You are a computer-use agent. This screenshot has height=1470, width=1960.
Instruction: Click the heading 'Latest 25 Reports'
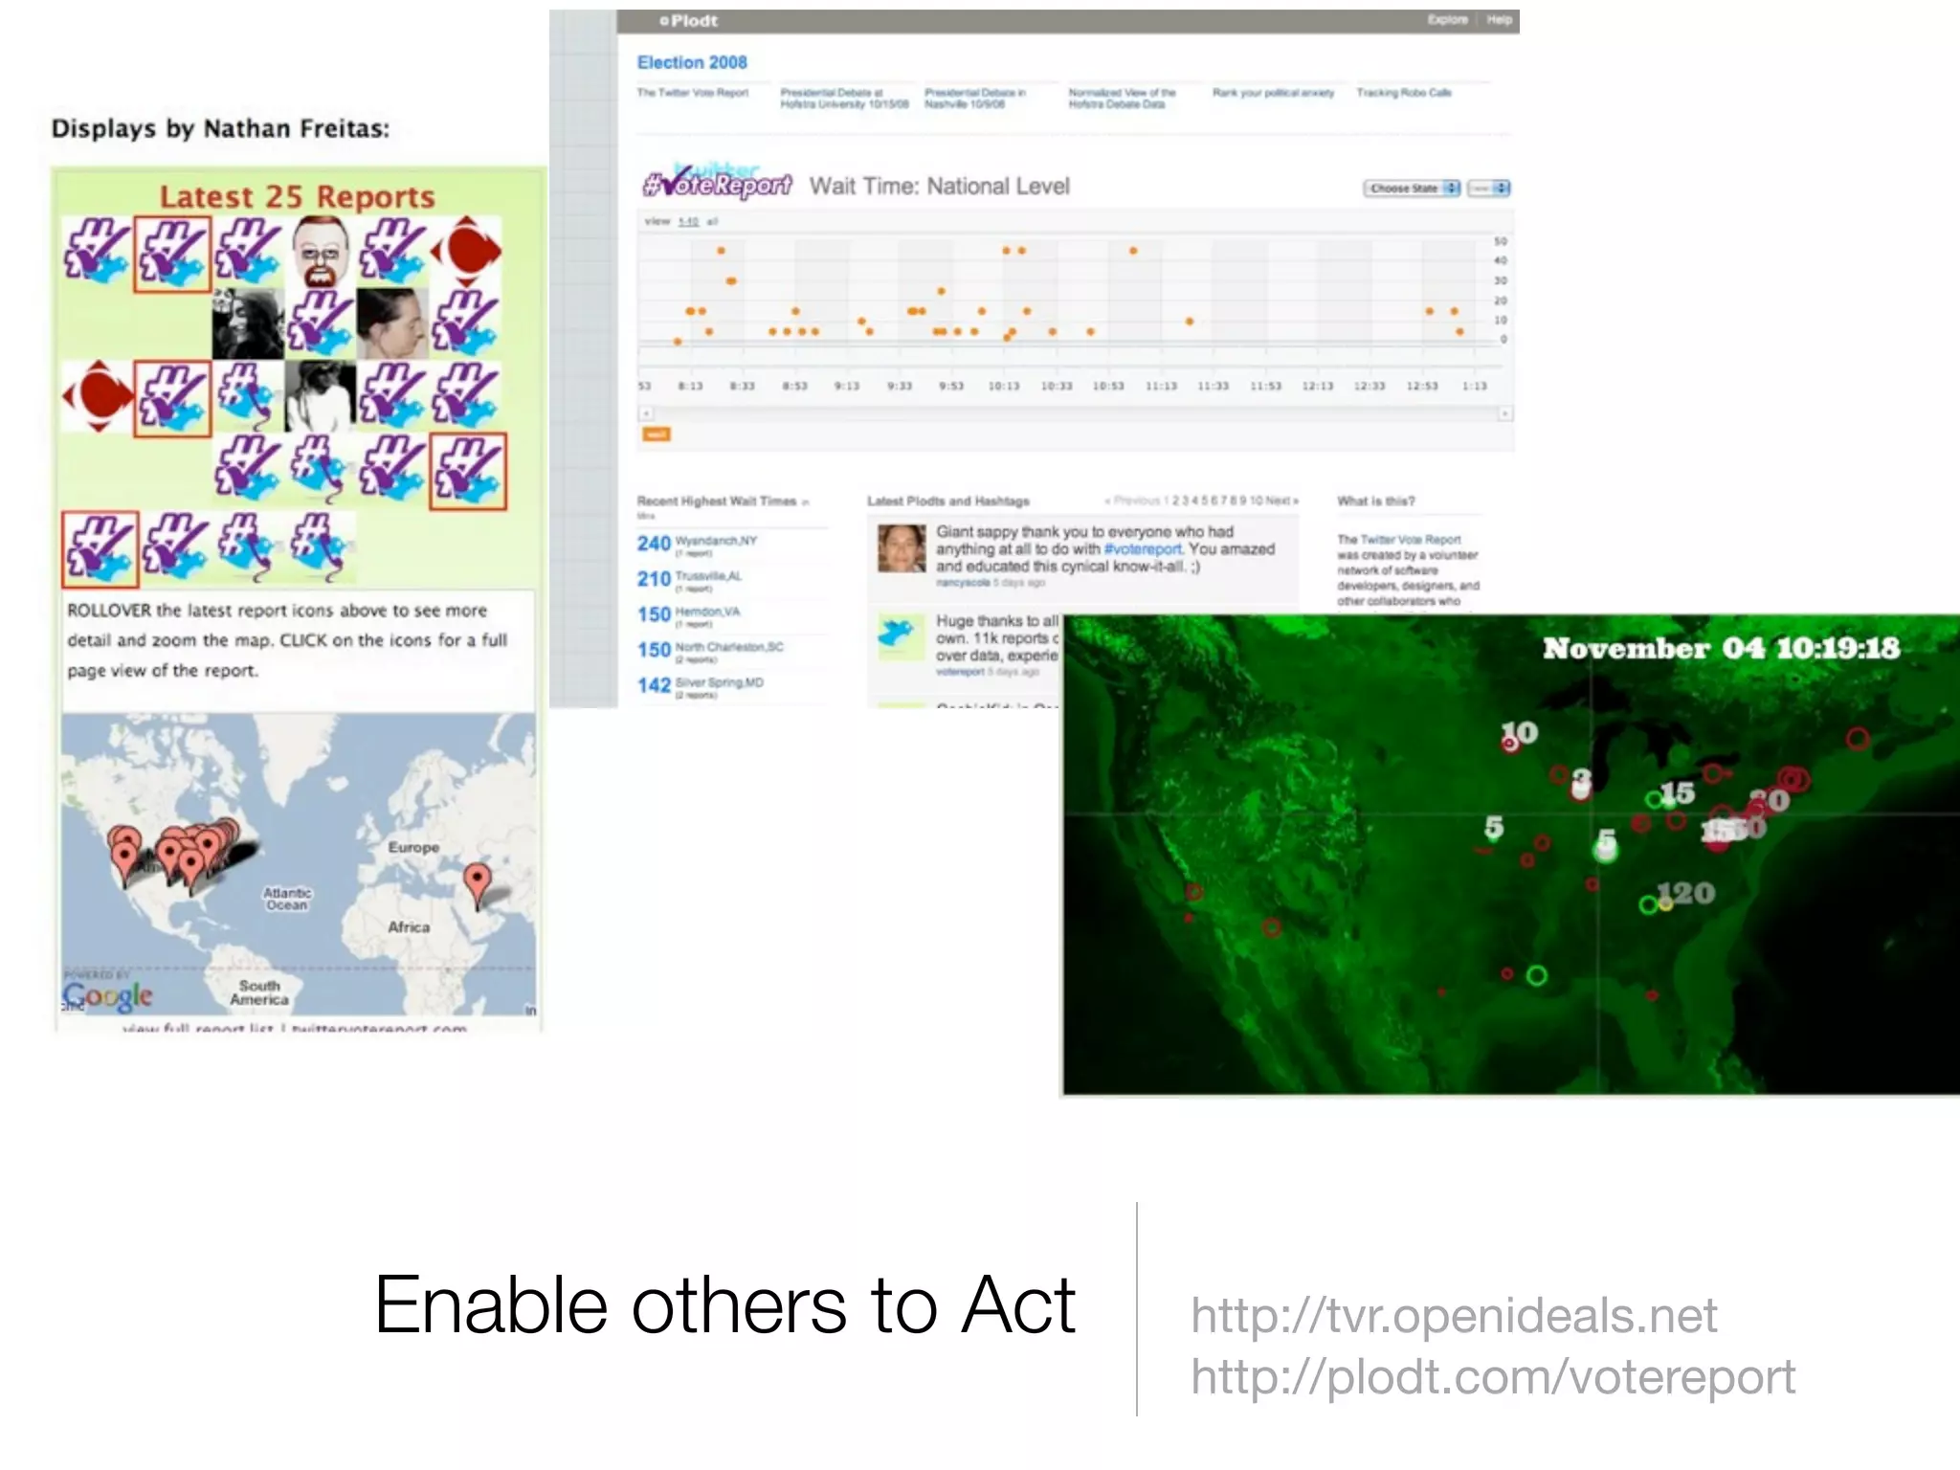click(x=297, y=196)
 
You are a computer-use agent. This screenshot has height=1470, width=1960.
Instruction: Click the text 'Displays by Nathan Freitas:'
click(x=220, y=129)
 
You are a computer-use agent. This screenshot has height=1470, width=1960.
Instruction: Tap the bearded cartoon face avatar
click(x=319, y=251)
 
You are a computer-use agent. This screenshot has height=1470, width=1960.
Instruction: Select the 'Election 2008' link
click(x=692, y=62)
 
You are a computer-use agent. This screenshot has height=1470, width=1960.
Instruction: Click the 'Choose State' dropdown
click(x=1412, y=189)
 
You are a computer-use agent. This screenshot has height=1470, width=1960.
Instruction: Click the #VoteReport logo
click(x=718, y=184)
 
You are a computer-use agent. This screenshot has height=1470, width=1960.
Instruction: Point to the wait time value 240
click(x=654, y=544)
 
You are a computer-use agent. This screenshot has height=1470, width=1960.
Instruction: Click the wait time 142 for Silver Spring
click(x=654, y=685)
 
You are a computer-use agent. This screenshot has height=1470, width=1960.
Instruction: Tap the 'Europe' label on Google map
click(x=413, y=848)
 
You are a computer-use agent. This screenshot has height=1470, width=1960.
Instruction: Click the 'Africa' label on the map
click(x=409, y=927)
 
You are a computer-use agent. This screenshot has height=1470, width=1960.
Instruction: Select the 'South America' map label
click(x=259, y=992)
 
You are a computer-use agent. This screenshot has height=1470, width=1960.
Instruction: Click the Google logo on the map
click(x=109, y=995)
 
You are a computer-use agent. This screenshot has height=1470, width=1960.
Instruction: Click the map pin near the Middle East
click(x=477, y=880)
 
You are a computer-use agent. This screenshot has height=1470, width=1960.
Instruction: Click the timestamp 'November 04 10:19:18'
click(x=1721, y=649)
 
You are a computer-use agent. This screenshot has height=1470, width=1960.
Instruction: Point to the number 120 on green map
click(x=1686, y=893)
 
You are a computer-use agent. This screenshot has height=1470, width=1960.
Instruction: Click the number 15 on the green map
click(x=1677, y=793)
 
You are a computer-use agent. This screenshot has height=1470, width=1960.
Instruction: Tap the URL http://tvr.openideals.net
click(x=1453, y=1316)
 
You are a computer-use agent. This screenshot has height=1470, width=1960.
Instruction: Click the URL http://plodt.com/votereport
click(x=1492, y=1377)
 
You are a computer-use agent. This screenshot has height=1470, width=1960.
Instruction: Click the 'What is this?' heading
click(x=1375, y=501)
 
